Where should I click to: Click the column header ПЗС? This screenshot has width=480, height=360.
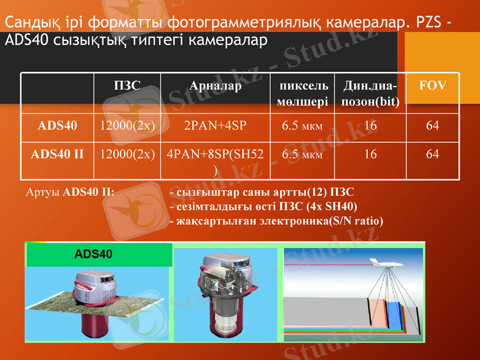[x=127, y=86]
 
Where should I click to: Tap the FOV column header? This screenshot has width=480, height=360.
[x=433, y=86]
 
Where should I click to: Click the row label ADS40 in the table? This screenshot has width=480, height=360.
[x=58, y=126]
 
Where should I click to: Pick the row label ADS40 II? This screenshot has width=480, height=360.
[x=58, y=154]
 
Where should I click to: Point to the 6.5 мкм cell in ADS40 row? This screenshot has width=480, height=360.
[x=302, y=126]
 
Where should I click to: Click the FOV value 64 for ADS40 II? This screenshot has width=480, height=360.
[x=433, y=154]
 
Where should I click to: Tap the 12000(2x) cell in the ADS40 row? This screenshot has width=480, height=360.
[x=127, y=126]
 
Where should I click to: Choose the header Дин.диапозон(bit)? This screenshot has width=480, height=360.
[x=370, y=94]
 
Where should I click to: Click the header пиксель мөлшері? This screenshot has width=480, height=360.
[x=302, y=94]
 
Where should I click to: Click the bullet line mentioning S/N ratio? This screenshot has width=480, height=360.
[x=277, y=220]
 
